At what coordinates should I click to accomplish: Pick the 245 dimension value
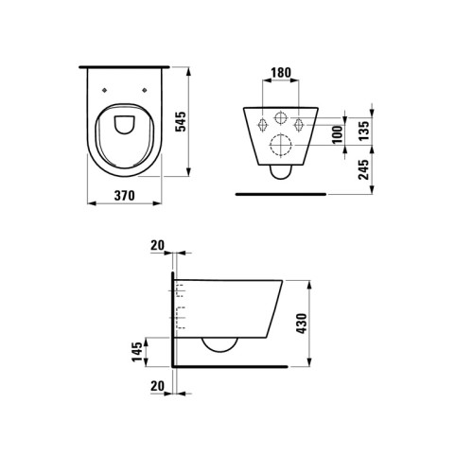363,169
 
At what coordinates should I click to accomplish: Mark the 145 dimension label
139,353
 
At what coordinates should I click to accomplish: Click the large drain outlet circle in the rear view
282,147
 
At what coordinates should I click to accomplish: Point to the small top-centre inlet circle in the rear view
282,118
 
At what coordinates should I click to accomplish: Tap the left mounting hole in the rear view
259,124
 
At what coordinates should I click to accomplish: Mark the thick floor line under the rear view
281,194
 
